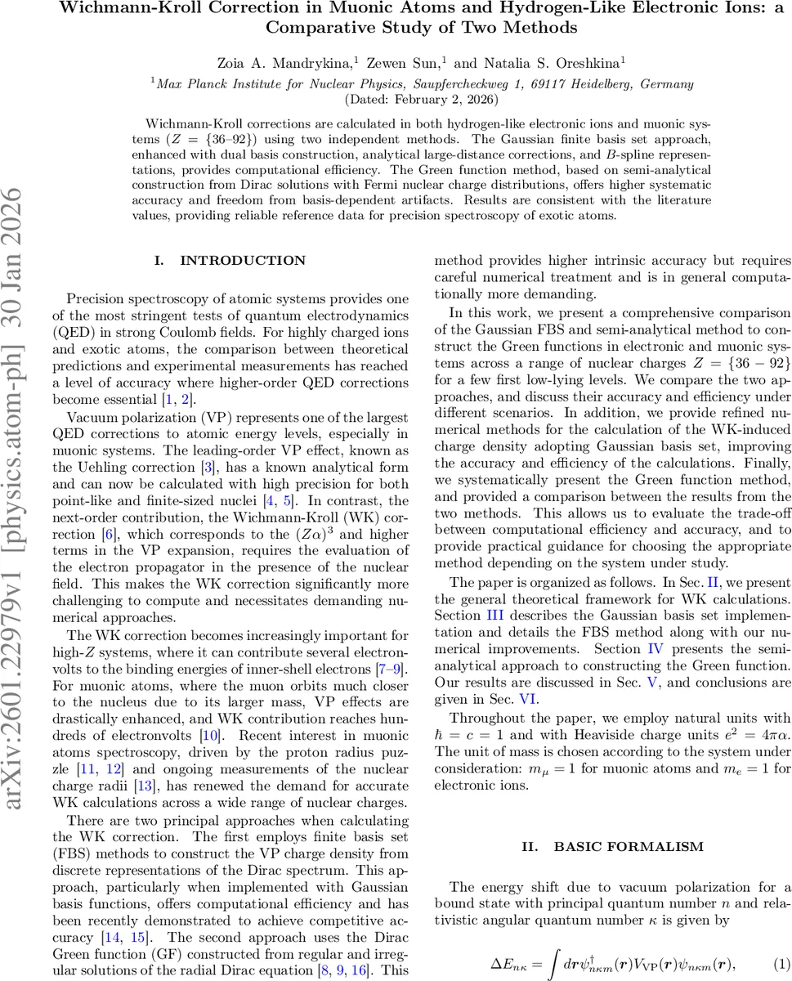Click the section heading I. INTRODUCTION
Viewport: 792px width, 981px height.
pos(230,261)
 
